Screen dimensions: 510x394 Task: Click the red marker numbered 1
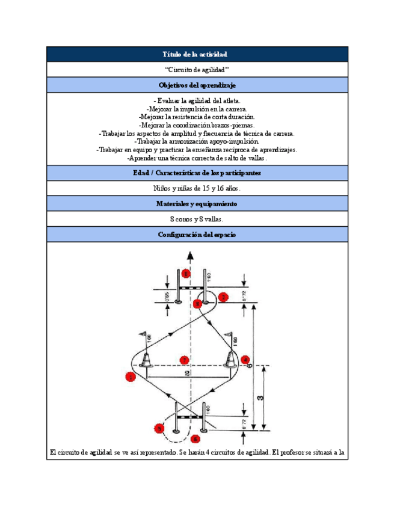[130, 377]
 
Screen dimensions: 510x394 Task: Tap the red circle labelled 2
[223, 296]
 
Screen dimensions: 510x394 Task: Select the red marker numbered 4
[245, 360]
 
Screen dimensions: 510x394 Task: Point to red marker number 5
[159, 428]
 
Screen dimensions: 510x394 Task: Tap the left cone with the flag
[146, 359]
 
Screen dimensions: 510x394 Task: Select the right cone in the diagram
[230, 360]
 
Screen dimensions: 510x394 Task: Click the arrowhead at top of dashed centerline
[190, 255]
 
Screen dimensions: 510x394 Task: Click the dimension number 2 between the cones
[188, 374]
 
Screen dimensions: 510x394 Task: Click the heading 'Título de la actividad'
[197, 54]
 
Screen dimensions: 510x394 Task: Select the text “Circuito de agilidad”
[197, 70]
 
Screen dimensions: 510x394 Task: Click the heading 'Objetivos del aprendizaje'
[197, 85]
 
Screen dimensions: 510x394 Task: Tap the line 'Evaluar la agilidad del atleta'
[197, 100]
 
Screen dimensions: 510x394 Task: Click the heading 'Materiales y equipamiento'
[197, 204]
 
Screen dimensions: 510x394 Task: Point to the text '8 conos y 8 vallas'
[197, 220]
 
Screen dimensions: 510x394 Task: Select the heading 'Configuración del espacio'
[197, 235]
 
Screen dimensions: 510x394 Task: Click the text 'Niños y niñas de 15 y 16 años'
[197, 188]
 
